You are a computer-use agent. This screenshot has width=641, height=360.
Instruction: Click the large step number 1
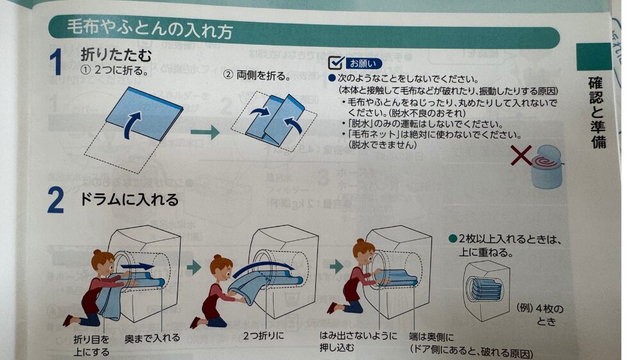[x=56, y=61]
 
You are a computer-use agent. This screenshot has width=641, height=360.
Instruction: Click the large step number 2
[x=56, y=200]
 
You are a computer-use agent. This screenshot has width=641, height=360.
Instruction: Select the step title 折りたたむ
[x=116, y=54]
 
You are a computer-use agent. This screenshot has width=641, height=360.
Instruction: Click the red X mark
[x=521, y=155]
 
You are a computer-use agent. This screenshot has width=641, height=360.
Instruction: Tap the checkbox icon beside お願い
[x=337, y=63]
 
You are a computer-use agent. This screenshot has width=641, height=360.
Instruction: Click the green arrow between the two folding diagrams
[x=205, y=132]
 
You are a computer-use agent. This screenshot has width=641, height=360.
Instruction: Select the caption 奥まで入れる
[x=152, y=338]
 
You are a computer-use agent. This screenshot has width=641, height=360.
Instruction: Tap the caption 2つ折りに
[x=263, y=336]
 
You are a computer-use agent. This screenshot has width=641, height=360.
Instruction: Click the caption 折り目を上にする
[x=92, y=345]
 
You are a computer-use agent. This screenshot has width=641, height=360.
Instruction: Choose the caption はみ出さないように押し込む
[x=358, y=341]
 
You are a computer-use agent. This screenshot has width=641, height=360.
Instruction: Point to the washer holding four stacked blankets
[x=487, y=290]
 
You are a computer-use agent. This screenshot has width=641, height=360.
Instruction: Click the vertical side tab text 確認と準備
[x=597, y=111]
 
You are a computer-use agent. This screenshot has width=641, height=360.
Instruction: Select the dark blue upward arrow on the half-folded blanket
[x=133, y=124]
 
